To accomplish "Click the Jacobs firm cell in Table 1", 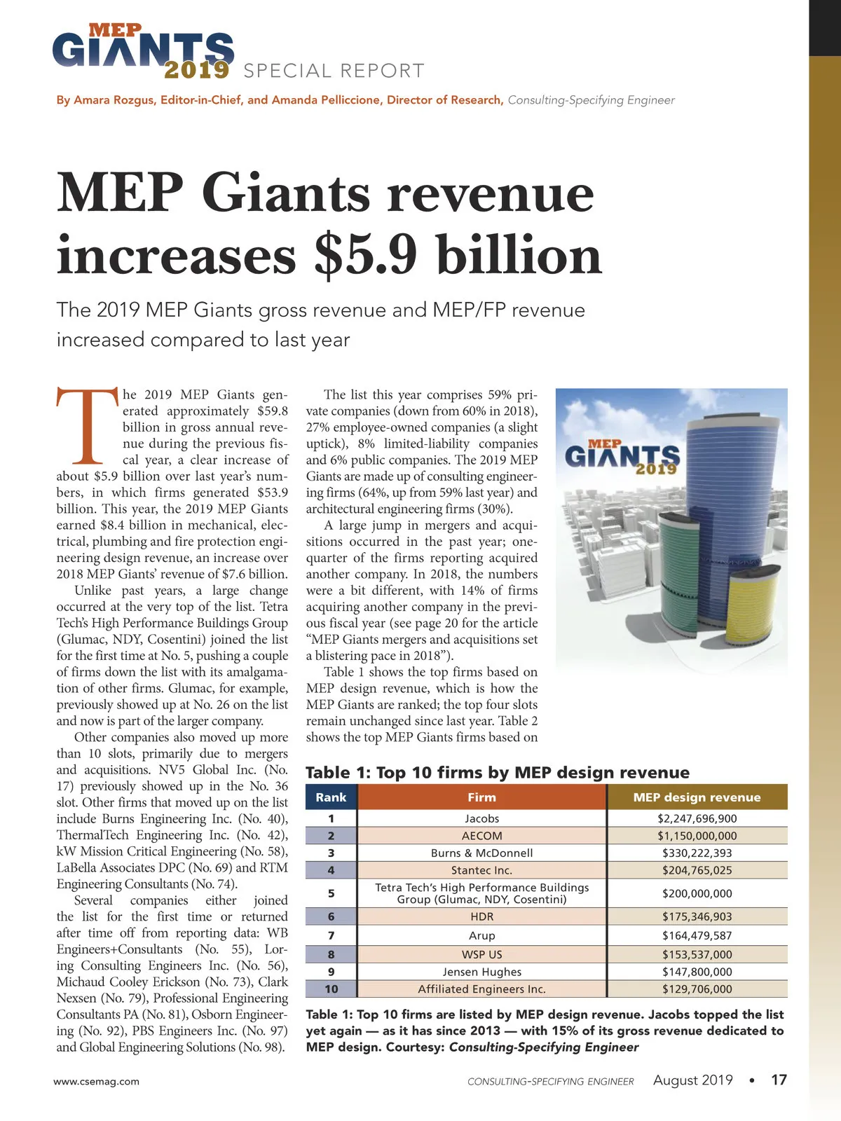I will click(481, 818).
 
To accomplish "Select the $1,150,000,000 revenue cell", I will click(697, 836).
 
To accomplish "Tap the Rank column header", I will click(331, 797).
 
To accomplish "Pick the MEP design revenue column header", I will click(697, 797).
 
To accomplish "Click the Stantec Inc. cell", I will click(481, 870).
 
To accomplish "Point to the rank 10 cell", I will click(331, 989).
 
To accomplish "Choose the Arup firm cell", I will click(481, 935).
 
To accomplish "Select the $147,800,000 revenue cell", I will click(697, 972).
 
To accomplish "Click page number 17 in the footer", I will click(779, 1080).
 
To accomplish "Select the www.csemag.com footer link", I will click(97, 1081).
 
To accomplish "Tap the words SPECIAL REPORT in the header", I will click(334, 71).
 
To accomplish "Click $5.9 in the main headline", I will click(364, 256).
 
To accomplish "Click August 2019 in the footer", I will click(692, 1080).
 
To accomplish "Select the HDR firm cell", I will click(481, 916).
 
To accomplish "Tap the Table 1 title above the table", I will click(498, 772).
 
